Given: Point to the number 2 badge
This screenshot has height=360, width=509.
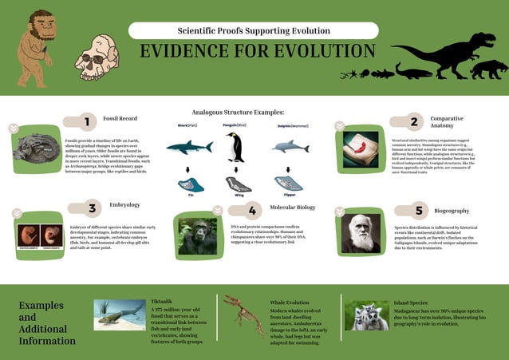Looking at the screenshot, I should tap(414, 122).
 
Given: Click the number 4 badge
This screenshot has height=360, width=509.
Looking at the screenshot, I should tap(252, 211).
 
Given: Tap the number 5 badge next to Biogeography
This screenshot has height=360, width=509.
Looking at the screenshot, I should tap(418, 211).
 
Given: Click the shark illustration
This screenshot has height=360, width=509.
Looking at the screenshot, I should tap(188, 147).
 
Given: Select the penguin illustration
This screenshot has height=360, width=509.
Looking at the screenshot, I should tap(235, 148).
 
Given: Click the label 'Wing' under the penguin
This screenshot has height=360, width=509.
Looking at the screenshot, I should tap(239, 194).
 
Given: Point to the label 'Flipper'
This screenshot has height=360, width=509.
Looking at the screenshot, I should tap(289, 194).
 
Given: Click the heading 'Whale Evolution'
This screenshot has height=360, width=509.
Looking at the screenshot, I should tap(289, 303).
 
